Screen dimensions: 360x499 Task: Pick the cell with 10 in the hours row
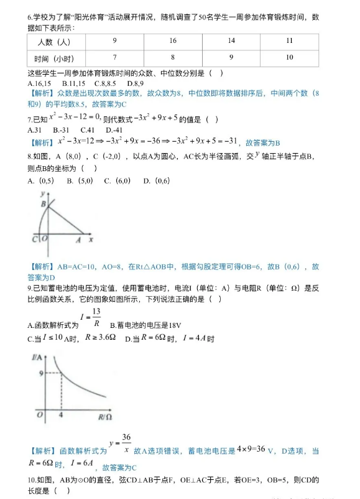pos(289,57)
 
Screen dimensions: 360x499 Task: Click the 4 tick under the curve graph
pos(62,414)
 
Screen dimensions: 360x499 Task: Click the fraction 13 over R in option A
pos(96,317)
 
